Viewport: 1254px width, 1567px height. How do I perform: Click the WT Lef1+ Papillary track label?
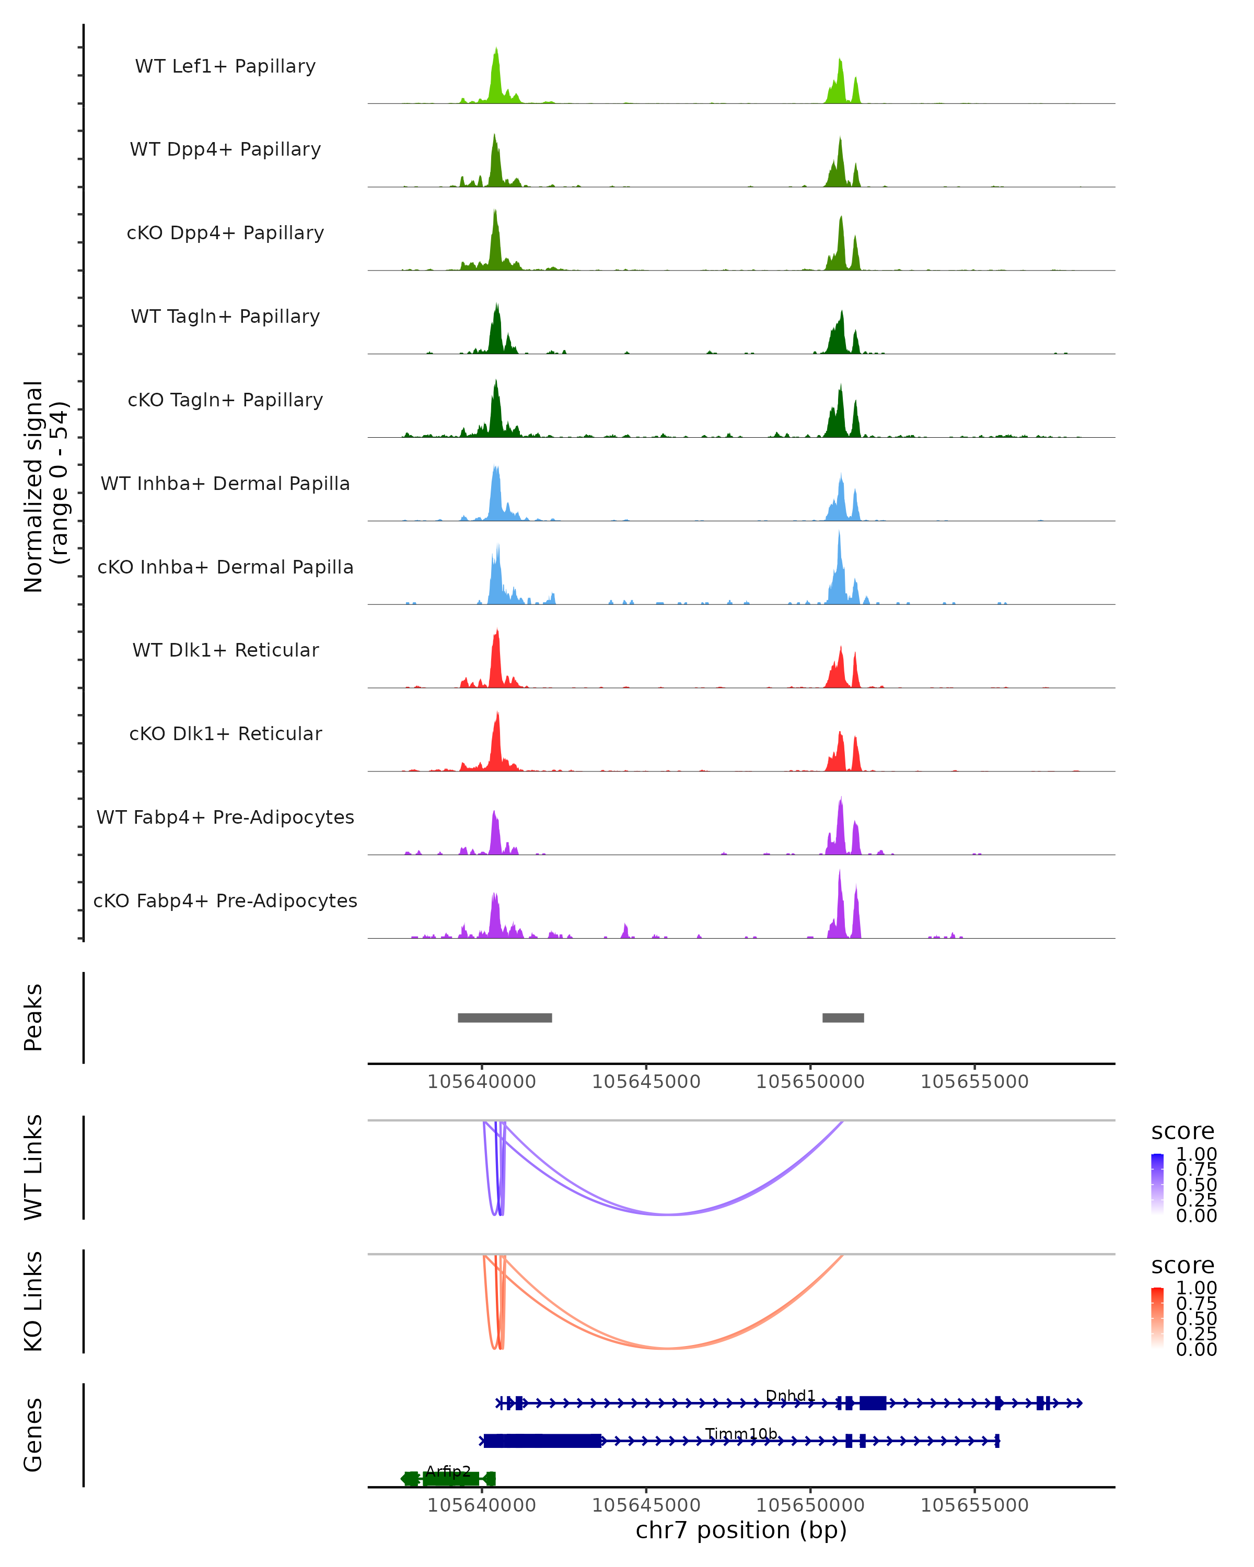[225, 67]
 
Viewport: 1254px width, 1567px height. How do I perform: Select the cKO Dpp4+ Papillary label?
[225, 233]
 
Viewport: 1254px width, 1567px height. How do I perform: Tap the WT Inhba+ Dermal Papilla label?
[225, 484]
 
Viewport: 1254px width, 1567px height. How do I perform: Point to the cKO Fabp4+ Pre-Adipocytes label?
[225, 901]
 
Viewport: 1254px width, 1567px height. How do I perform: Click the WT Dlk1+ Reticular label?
[225, 650]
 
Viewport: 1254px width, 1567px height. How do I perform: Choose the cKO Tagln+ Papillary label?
[225, 401]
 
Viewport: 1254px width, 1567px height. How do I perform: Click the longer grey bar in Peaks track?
[505, 1018]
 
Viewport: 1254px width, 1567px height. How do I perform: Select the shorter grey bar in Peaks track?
[843, 1018]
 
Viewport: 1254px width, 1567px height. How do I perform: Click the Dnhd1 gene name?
[790, 1396]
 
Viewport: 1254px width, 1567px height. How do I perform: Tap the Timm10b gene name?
[741, 1434]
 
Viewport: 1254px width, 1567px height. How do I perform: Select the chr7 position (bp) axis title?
[741, 1530]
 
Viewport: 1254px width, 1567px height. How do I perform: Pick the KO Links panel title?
[33, 1302]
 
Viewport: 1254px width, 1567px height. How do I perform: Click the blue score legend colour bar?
[1157, 1183]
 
